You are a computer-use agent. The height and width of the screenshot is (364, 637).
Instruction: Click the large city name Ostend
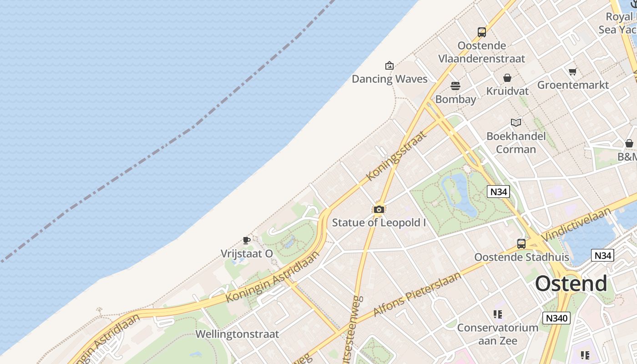[571, 283]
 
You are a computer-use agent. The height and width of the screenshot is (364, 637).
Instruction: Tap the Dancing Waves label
[389, 79]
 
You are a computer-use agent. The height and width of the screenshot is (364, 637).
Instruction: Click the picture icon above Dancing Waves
[389, 66]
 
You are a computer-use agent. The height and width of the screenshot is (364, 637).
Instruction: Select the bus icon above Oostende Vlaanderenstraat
[482, 32]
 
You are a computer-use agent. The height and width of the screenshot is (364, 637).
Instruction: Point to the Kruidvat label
[507, 91]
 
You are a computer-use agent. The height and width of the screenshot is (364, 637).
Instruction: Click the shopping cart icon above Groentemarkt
[572, 71]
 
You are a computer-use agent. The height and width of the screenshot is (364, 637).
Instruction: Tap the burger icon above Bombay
[455, 86]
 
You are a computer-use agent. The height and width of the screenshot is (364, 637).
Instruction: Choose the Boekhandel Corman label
[516, 142]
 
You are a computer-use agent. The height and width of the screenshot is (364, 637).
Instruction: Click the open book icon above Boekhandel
[516, 122]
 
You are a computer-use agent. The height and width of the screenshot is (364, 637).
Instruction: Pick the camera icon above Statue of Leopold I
[379, 209]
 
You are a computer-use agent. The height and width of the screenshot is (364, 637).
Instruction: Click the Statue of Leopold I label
[379, 223]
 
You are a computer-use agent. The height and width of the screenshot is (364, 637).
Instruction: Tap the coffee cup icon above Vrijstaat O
[247, 240]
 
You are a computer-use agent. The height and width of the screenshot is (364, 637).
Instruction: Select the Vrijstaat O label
[247, 253]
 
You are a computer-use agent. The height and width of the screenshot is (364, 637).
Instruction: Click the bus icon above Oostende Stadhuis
[521, 243]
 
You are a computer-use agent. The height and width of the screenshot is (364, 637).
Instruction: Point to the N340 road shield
[556, 318]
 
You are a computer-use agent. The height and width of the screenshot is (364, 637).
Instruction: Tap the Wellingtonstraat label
[237, 334]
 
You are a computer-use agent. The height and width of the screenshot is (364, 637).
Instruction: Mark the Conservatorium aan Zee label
[497, 334]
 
